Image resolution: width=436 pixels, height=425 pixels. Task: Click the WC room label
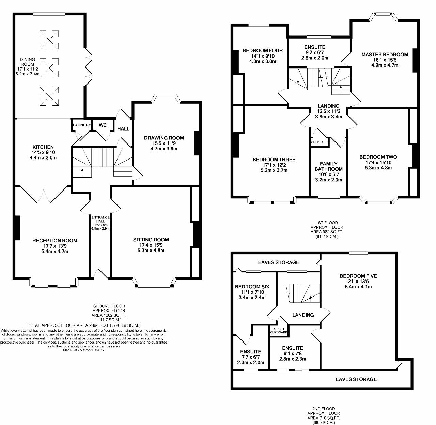pyautogui.click(x=103, y=125)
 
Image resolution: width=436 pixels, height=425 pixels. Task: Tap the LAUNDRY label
pyautogui.click(x=82, y=125)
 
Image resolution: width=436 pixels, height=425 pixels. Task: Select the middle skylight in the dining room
pyautogui.click(x=49, y=68)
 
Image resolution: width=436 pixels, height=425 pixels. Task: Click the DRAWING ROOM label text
pyautogui.click(x=164, y=138)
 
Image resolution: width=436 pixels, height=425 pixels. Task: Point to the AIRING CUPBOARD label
pyautogui.click(x=279, y=331)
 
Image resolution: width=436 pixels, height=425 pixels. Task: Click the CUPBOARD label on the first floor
pyautogui.click(x=319, y=142)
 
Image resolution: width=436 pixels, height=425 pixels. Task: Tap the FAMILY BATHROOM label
pyautogui.click(x=329, y=166)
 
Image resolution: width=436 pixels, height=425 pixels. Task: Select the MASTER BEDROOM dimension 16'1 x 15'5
pyautogui.click(x=385, y=60)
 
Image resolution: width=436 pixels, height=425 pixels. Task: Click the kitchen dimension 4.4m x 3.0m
pyautogui.click(x=43, y=157)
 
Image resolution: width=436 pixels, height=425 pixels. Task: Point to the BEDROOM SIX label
pyautogui.click(x=252, y=287)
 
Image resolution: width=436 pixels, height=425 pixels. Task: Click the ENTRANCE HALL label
pyautogui.click(x=100, y=219)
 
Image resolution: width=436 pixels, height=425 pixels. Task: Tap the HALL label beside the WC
pyautogui.click(x=123, y=128)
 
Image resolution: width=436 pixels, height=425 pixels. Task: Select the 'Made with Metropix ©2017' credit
pyautogui.click(x=83, y=350)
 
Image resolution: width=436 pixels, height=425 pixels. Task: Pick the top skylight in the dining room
pyautogui.click(x=49, y=40)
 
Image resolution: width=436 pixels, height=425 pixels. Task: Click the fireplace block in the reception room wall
pyautogui.click(x=18, y=228)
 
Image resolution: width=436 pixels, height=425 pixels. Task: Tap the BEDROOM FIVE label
pyautogui.click(x=358, y=276)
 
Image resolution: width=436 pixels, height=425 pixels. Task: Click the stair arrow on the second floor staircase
pyautogui.click(x=310, y=299)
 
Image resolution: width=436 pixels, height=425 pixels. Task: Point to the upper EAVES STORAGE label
pyautogui.click(x=279, y=262)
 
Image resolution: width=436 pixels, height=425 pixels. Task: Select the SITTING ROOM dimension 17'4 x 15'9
pyautogui.click(x=151, y=245)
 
